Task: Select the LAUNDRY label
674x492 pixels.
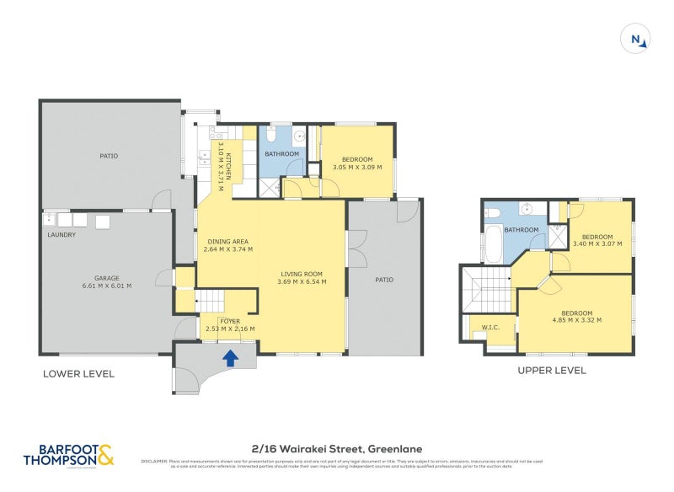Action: (x=62, y=234)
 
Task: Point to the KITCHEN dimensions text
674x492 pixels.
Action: (x=223, y=166)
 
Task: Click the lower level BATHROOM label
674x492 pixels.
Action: (x=281, y=154)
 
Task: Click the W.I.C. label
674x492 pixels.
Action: (x=490, y=328)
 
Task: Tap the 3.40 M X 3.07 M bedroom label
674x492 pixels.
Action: (x=596, y=240)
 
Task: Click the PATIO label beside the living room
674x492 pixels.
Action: (x=384, y=280)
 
